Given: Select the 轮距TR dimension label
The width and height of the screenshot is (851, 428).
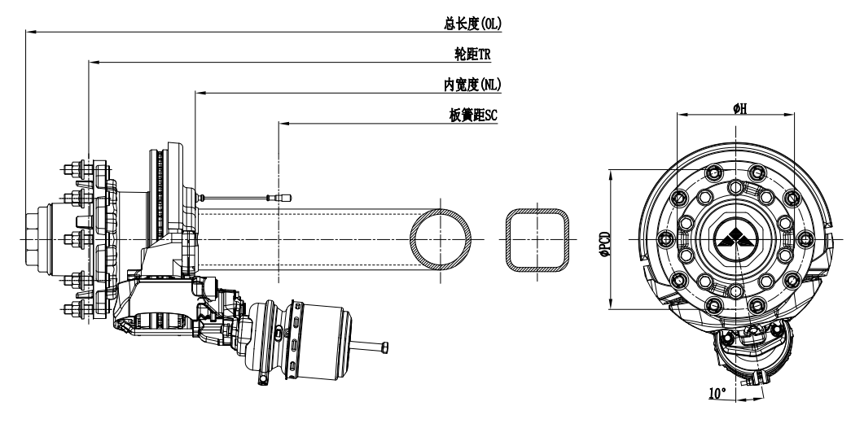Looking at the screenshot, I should coord(476,54).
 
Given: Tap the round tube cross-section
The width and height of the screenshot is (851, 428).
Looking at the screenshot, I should coord(441,238).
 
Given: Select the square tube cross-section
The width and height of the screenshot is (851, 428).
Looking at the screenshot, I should coord(535,238).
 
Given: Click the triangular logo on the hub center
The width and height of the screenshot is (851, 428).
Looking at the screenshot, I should coord(735,238).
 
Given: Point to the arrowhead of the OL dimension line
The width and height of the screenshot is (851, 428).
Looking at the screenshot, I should coord(29,31).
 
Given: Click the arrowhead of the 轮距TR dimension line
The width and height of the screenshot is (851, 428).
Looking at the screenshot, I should coord(91,62).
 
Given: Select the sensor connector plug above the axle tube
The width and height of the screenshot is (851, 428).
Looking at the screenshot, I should coord(285,196).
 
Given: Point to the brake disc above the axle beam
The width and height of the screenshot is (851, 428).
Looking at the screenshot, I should coord(166,195).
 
